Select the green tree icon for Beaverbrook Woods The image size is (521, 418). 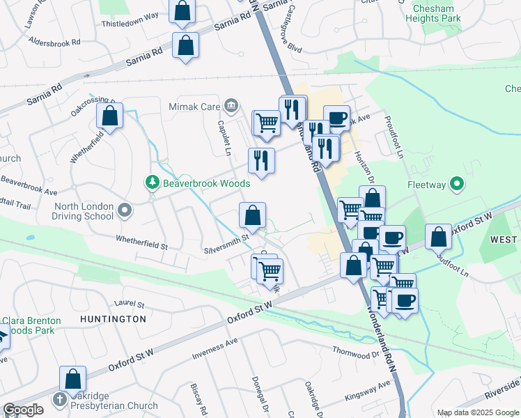[152, 183]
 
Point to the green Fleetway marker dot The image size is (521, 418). [457, 185]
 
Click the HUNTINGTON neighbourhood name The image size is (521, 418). [113, 319]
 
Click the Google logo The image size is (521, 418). [23, 410]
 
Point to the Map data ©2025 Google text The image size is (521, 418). [478, 412]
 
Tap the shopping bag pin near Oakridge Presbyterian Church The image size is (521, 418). [72, 379]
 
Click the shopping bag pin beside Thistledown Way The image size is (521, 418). [182, 11]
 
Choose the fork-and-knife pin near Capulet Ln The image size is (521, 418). [262, 160]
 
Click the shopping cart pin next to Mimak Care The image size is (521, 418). [266, 123]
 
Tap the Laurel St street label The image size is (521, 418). [129, 304]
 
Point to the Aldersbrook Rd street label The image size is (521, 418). [55, 42]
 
